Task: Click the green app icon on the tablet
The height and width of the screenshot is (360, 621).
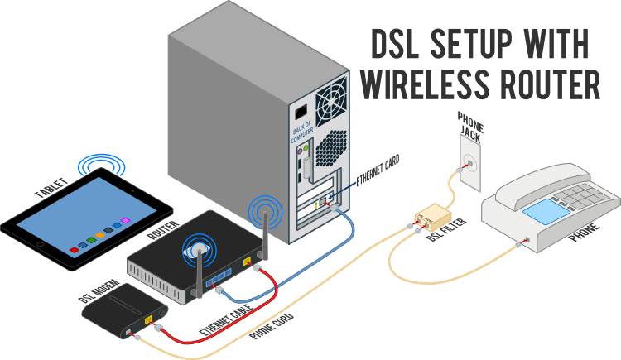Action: click(x=87, y=241)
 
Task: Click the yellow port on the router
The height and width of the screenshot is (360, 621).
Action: click(x=246, y=262)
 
